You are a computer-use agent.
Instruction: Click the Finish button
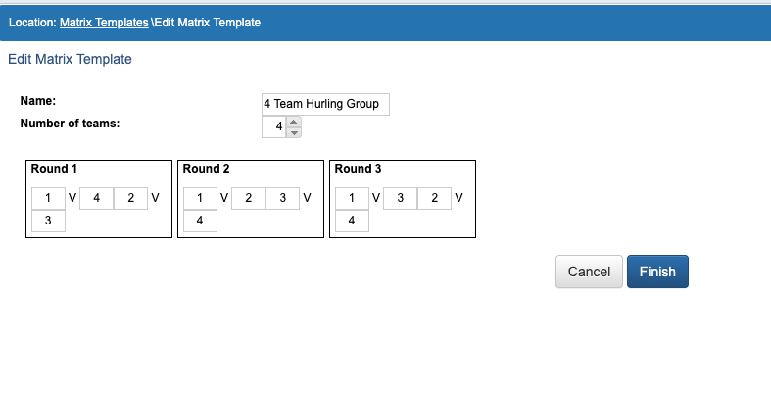[657, 272]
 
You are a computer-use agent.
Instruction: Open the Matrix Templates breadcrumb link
[104, 23]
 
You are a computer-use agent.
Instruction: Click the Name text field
[325, 104]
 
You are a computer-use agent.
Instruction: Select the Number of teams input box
[274, 126]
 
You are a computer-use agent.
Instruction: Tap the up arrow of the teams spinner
[294, 122]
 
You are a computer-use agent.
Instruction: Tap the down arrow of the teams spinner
[294, 133]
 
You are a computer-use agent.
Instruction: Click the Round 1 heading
[54, 169]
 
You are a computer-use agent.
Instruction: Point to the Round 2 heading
[206, 169]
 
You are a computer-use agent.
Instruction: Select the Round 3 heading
[358, 169]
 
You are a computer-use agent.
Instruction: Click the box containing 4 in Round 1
[96, 198]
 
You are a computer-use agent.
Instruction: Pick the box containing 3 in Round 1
[48, 221]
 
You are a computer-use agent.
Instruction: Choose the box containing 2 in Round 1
[131, 198]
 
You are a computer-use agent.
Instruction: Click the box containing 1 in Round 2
[200, 198]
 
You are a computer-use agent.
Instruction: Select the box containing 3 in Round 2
[283, 198]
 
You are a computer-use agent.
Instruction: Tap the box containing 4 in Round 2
[200, 221]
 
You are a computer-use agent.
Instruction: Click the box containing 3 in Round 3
[401, 198]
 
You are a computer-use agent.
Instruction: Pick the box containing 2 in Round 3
[435, 198]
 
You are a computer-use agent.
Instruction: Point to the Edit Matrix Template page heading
[70, 59]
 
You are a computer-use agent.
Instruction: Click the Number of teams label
[70, 124]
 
